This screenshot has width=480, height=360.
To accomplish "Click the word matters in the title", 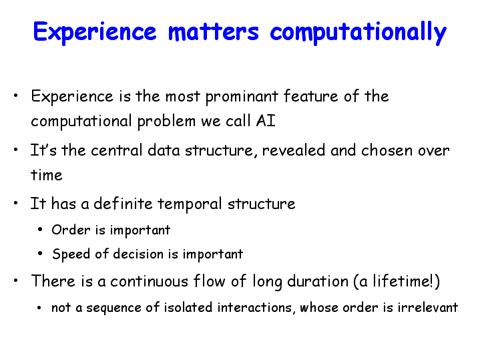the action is (214, 31).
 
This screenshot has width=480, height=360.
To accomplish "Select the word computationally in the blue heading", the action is (358, 33).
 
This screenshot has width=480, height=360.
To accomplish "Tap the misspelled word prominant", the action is (242, 97).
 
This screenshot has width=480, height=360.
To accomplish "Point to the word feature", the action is (310, 96).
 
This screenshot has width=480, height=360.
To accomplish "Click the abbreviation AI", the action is (266, 120).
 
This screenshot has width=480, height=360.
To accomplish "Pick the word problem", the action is (166, 122).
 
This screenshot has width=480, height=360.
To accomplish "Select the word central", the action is (117, 150).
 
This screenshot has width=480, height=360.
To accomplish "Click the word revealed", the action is (294, 150).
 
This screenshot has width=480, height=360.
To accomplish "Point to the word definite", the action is (123, 204).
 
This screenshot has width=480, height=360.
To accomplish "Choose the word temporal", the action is (190, 204).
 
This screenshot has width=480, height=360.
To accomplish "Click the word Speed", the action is (71, 254).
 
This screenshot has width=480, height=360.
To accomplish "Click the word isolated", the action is (188, 307).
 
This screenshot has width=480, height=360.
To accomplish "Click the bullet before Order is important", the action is (40, 230).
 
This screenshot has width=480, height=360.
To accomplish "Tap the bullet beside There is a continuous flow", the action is (16, 281).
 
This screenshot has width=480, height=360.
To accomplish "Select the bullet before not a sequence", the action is (39, 307).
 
